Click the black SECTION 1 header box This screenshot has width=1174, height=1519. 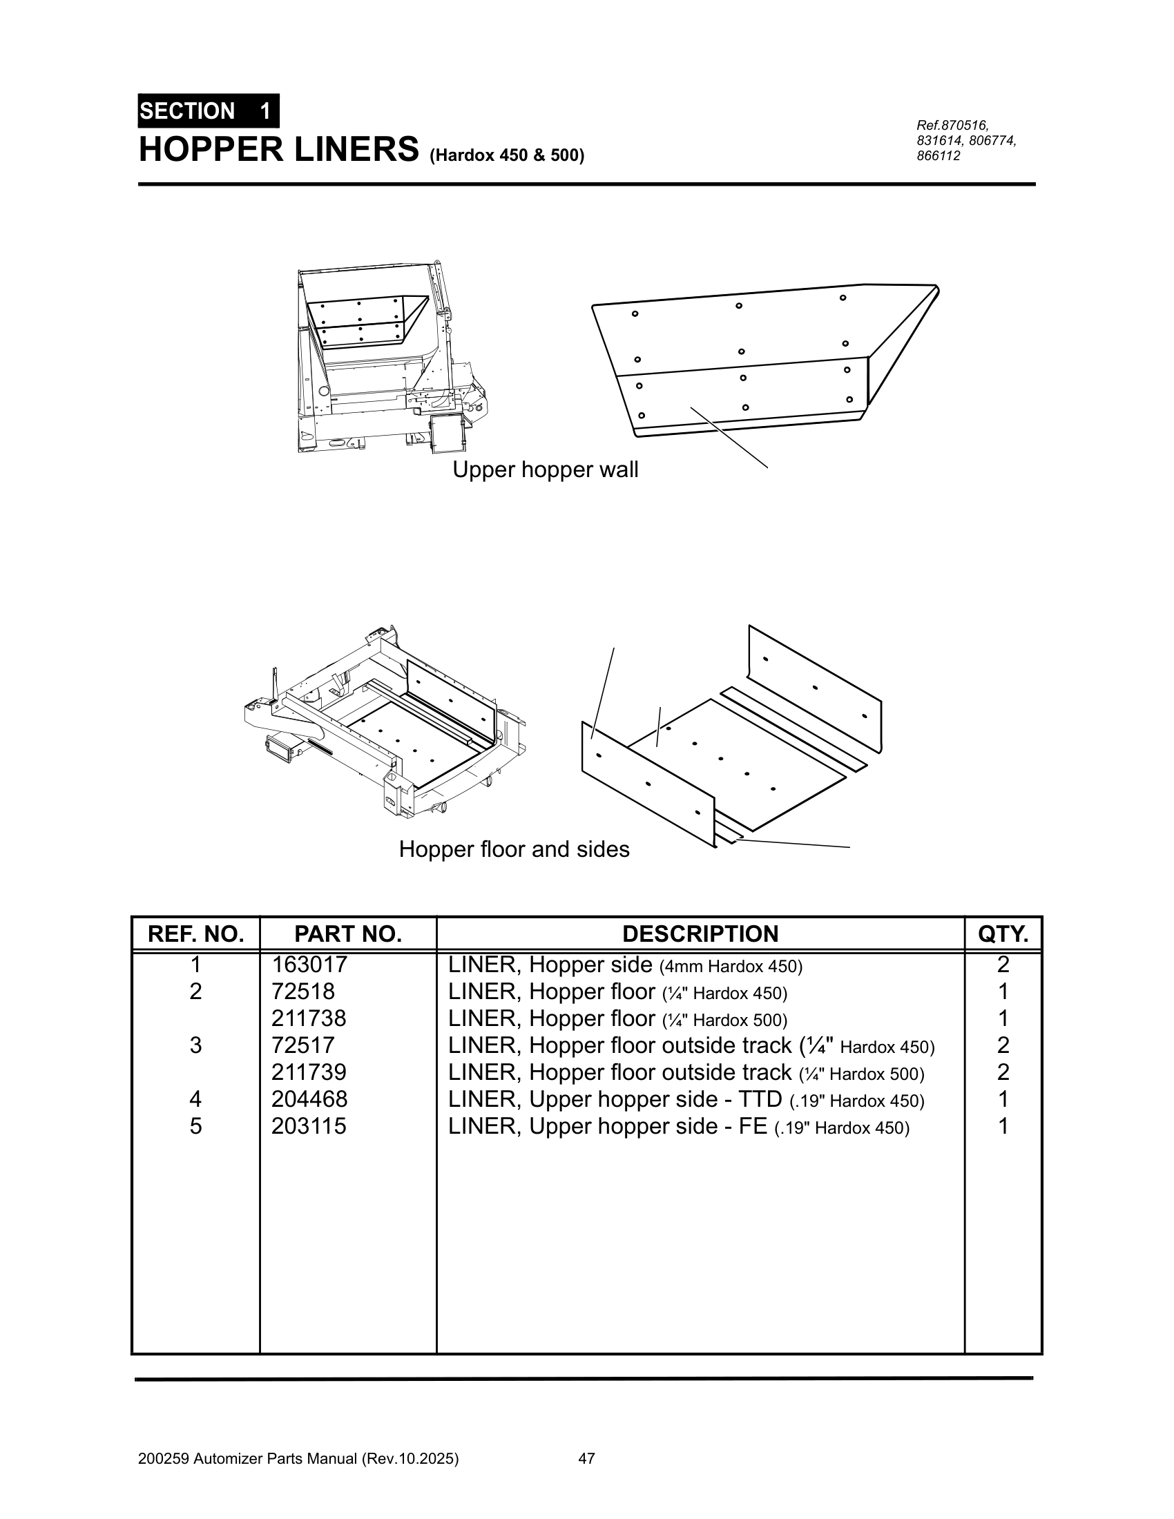pos(208,110)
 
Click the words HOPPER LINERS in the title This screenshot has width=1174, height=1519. pos(279,150)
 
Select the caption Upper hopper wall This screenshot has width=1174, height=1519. pos(546,470)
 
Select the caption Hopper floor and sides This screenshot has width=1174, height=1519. pos(514,849)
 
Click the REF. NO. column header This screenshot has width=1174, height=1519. pos(195,933)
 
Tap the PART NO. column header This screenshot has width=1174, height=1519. pos(348,933)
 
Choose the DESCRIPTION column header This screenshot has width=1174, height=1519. pos(700,933)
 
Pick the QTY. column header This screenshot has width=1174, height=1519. pos(1002,933)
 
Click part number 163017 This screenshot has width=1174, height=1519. pos(309,965)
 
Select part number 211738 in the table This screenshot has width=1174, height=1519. pos(309,1018)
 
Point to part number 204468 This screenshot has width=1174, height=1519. pos(309,1099)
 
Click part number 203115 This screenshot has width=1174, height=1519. pos(309,1126)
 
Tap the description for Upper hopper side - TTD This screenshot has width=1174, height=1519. pos(686,1100)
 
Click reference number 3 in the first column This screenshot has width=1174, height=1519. pos(195,1045)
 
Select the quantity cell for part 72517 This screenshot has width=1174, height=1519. pos(1002,1045)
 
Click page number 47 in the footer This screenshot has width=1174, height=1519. pos(586,1458)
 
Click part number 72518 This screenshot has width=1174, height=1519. pos(302,991)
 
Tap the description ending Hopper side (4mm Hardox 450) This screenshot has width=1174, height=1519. pos(625,965)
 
